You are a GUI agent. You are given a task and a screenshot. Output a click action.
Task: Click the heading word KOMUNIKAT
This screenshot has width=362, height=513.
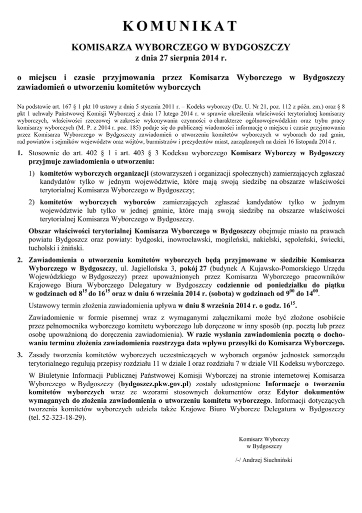181,27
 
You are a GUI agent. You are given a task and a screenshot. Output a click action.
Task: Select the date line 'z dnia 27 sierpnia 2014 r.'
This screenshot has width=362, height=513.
181,59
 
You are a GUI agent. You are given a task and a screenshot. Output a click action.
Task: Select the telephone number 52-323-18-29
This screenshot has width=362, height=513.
59,420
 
